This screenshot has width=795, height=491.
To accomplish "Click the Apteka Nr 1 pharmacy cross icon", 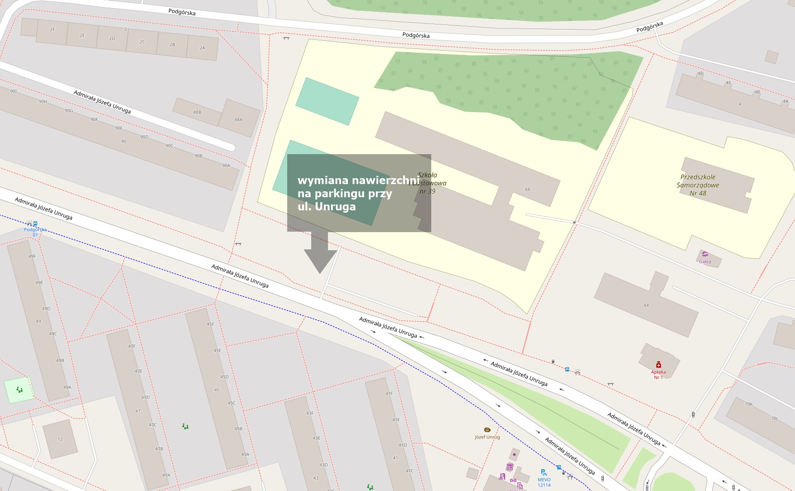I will pyautogui.click(x=659, y=365).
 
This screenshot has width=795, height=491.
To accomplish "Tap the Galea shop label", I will pyautogui.click(x=705, y=262).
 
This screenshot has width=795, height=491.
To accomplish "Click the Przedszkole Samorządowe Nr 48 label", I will pyautogui.click(x=698, y=185).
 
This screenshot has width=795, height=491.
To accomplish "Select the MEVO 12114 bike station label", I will pyautogui.click(x=544, y=482).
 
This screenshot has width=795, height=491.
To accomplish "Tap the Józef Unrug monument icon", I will pyautogui.click(x=487, y=430).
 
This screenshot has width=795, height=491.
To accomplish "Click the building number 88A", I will pyautogui.click(x=238, y=120).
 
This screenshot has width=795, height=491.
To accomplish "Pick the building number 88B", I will pyautogui.click(x=197, y=112).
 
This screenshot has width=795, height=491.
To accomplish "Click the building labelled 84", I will pyautogui.click(x=646, y=305).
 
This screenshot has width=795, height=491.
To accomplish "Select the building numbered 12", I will pyautogui.click(x=60, y=439).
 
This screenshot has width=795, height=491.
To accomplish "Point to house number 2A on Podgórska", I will pyautogui.click(x=202, y=48).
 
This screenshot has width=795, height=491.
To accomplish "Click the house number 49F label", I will pyautogui.click(x=32, y=256).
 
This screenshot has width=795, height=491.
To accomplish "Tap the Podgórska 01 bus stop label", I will pyautogui.click(x=35, y=232).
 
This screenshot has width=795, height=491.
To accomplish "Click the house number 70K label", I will pyautogui.click(x=749, y=404).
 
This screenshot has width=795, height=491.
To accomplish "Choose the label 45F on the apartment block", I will pyautogui.click(x=210, y=324).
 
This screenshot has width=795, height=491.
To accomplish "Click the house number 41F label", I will pyautogui.click(x=389, y=394).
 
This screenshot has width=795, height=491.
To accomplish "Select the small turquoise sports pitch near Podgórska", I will pyautogui.click(x=327, y=101).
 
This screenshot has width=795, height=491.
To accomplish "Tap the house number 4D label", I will pyautogui.click(x=700, y=73).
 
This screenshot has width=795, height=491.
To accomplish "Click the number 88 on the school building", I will pyautogui.click(x=527, y=190).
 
